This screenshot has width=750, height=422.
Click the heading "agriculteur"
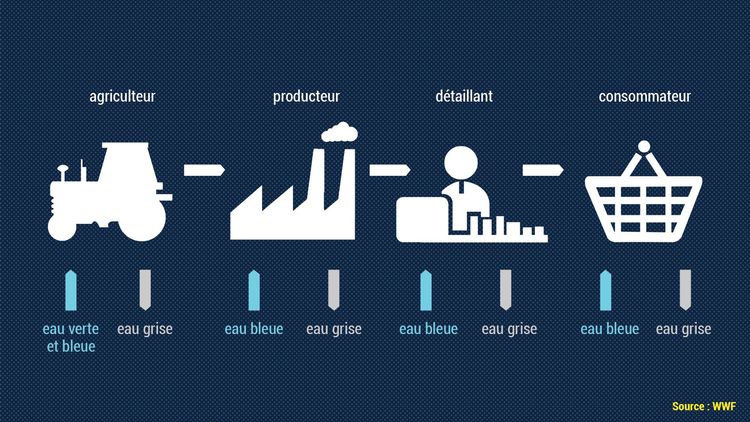pos(122,97)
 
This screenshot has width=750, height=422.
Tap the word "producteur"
pos(306,97)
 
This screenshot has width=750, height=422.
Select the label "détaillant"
pos(464,96)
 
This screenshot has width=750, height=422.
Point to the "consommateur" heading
pos(645,96)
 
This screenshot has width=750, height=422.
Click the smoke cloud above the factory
pos(339,132)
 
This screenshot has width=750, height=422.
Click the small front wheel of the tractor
pos(62,227)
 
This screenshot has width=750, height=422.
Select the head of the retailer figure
pos(461,163)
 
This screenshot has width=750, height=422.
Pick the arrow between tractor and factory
pos(204,170)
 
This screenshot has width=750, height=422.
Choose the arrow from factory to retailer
pos(390,170)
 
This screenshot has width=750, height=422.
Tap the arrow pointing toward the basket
pos(543,170)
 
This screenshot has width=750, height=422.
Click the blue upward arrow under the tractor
pos(71,290)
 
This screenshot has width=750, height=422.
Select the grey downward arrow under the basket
pos(685,290)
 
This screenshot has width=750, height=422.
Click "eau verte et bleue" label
pos(71,338)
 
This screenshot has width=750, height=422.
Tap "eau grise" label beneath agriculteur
pos(145,329)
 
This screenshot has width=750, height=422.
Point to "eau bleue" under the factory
pos(254,329)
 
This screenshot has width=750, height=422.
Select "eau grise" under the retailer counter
pos(509,329)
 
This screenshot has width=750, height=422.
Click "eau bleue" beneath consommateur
pos(610,329)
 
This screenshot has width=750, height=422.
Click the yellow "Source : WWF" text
pos(704,406)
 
